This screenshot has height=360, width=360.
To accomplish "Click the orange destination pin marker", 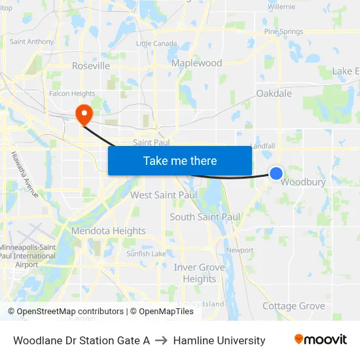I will (84, 115).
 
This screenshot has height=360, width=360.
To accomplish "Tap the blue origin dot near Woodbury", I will (276, 173).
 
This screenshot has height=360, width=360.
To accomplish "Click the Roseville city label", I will (90, 66).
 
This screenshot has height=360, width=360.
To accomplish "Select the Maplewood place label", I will (196, 63).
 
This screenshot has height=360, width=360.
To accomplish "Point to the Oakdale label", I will (274, 94).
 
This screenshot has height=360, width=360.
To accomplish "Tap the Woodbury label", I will (303, 182).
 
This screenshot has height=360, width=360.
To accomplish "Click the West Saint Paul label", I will (164, 195).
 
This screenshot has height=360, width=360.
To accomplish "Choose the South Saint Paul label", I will (205, 217).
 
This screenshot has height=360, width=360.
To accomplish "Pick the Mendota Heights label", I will (108, 231).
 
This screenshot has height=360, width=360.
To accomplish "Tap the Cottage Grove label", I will (293, 306).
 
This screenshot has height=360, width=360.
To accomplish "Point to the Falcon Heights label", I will (72, 94).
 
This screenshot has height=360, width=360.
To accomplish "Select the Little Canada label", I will (156, 43).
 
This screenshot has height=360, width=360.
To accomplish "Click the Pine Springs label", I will (283, 31).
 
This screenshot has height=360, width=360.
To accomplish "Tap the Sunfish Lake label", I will (147, 254).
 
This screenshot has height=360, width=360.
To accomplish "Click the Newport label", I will (240, 250).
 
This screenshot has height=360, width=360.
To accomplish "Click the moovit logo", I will (321, 340).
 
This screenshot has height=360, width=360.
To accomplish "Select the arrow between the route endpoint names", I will (162, 340).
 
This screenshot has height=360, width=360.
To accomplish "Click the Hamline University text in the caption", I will (219, 340).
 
